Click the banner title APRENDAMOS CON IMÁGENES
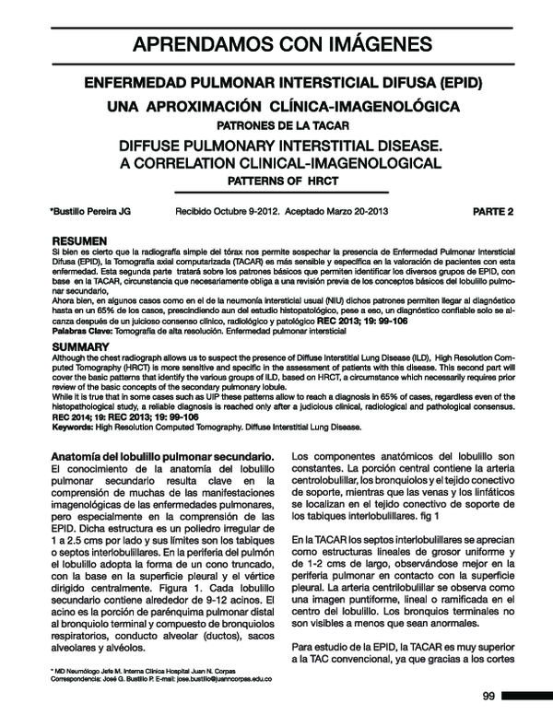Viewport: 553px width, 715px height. (276, 43)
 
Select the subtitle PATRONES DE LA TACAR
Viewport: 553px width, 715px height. (276, 124)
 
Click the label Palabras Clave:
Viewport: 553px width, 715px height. (83, 330)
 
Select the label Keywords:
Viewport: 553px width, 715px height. (76, 428)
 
